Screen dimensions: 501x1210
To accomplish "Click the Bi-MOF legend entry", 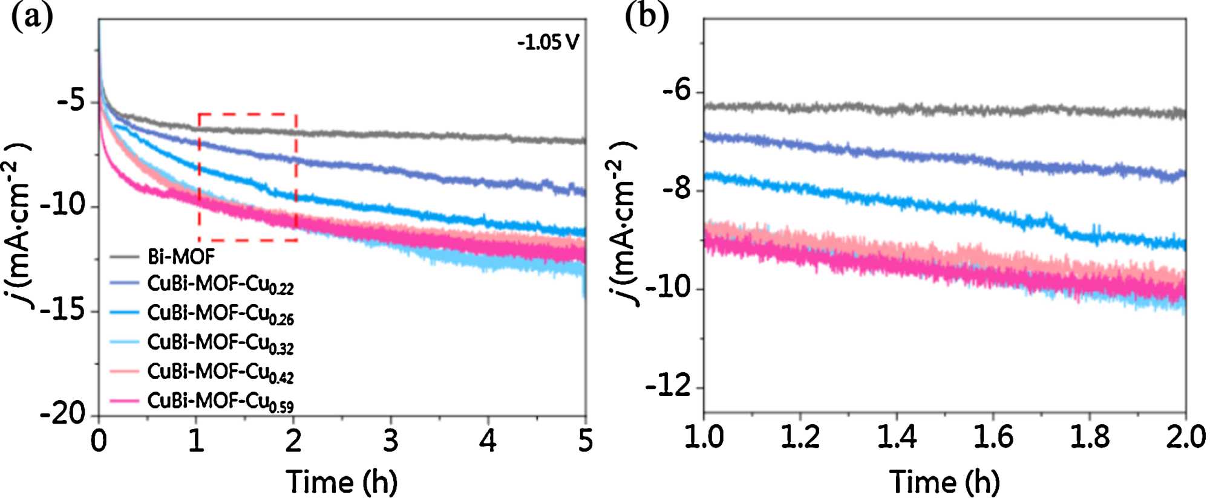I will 181,257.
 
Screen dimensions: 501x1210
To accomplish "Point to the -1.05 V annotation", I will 548,42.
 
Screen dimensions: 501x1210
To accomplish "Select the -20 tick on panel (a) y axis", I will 63,415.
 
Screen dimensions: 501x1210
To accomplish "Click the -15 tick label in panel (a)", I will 63,311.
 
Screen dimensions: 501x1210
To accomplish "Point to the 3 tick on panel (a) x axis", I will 391,441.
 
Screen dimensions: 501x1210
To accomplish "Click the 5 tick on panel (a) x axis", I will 585,441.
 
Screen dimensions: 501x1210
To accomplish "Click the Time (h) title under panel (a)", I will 342,482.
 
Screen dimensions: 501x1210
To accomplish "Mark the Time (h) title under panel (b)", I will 944,482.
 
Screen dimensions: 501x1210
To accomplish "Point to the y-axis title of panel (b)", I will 623,224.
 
